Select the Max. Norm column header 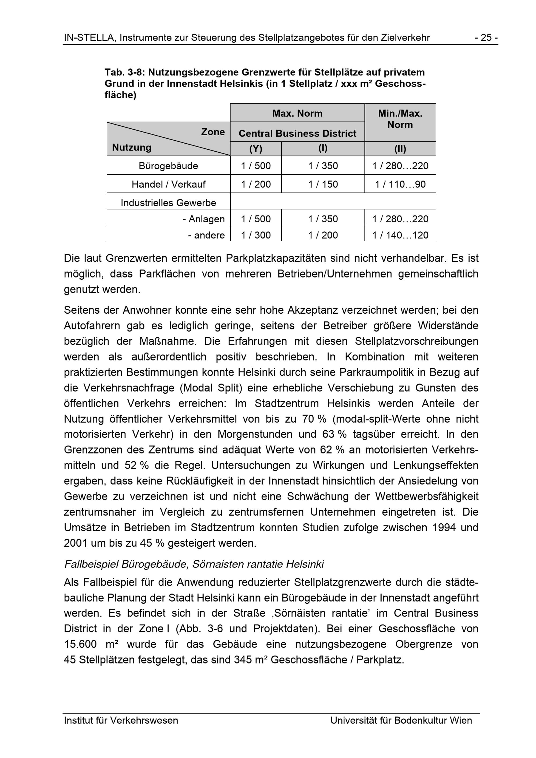[x=297, y=113]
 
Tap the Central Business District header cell [x=297, y=133]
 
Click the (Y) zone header [x=256, y=149]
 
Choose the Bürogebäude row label [x=168, y=166]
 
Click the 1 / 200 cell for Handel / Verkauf [x=256, y=184]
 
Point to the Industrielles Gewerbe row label [x=168, y=203]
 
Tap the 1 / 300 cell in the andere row [x=256, y=235]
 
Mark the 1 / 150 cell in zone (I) [x=323, y=184]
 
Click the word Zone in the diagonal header [x=213, y=132]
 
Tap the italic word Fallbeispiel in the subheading [x=91, y=564]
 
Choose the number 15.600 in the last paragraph [x=80, y=644]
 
